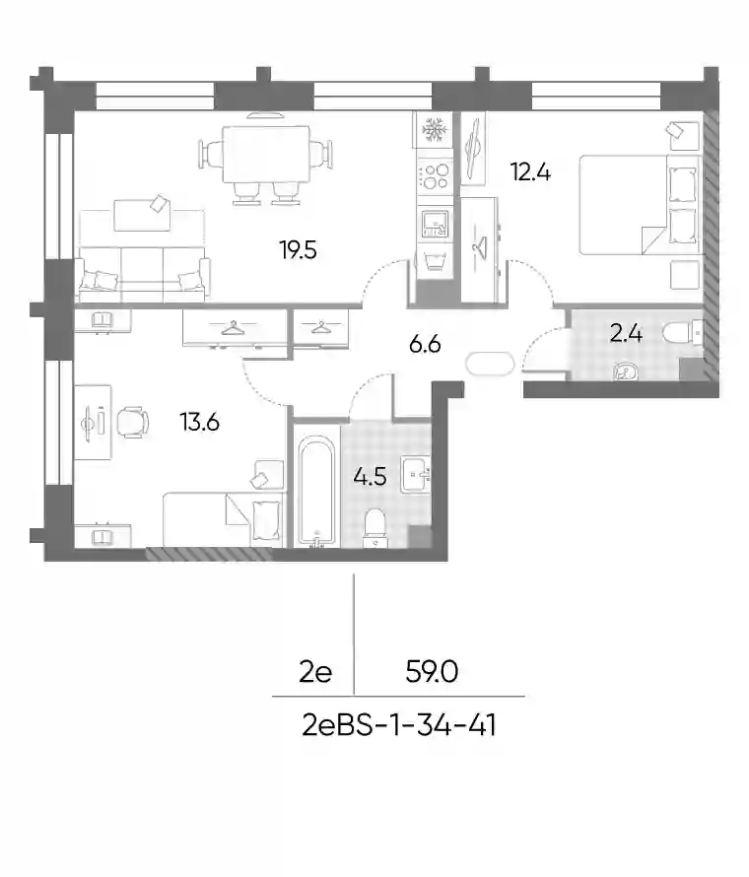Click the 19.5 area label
point(299,250)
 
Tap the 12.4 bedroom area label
point(530,171)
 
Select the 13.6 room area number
point(199,422)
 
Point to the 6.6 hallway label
point(425,344)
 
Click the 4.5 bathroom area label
point(370,477)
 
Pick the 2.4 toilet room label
point(626,334)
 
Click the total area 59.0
point(432,671)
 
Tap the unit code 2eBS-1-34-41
point(399,726)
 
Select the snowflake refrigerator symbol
point(433,129)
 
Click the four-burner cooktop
point(435,175)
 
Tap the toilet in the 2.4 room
point(682,333)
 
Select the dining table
point(266,155)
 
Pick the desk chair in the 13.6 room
point(133,423)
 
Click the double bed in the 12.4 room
point(639,205)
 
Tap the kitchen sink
point(435,224)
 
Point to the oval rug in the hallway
point(490,365)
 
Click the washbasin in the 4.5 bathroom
point(415,475)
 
